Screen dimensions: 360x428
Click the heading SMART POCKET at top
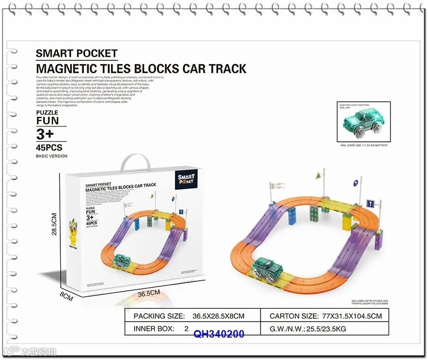[x=77, y=54]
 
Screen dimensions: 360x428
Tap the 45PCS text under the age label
[x=49, y=147]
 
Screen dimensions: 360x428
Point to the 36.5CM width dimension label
[x=148, y=293]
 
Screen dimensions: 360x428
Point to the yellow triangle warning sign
[x=317, y=176]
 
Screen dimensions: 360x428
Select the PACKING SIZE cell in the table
[x=189, y=316]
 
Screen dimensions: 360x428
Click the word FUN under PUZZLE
[x=47, y=120]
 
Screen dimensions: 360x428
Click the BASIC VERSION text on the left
[x=51, y=156]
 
